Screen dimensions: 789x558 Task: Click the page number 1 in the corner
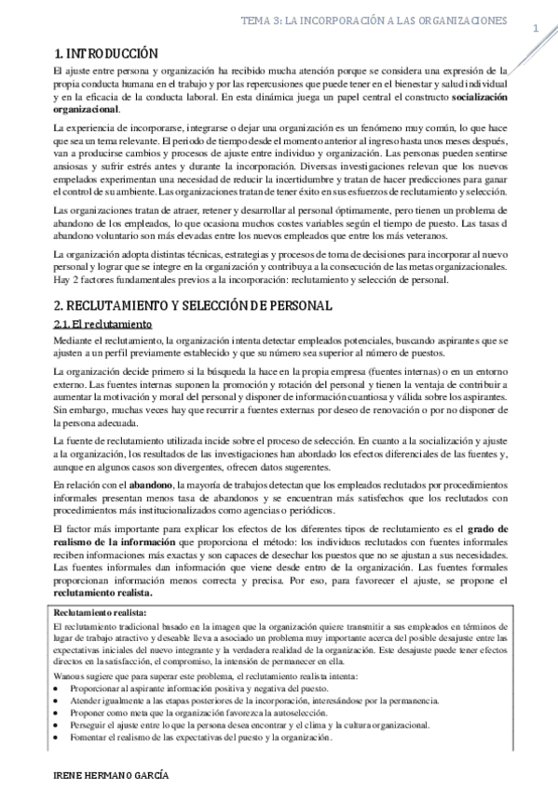(x=537, y=29)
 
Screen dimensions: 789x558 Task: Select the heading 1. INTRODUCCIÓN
(x=106, y=54)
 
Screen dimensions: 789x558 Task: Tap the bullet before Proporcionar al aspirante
(x=59, y=687)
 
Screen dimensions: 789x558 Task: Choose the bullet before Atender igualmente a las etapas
(x=59, y=699)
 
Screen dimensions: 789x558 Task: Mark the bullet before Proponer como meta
(x=59, y=711)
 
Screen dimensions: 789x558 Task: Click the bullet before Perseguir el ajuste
(x=59, y=723)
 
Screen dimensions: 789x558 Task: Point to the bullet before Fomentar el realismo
(x=59, y=735)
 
